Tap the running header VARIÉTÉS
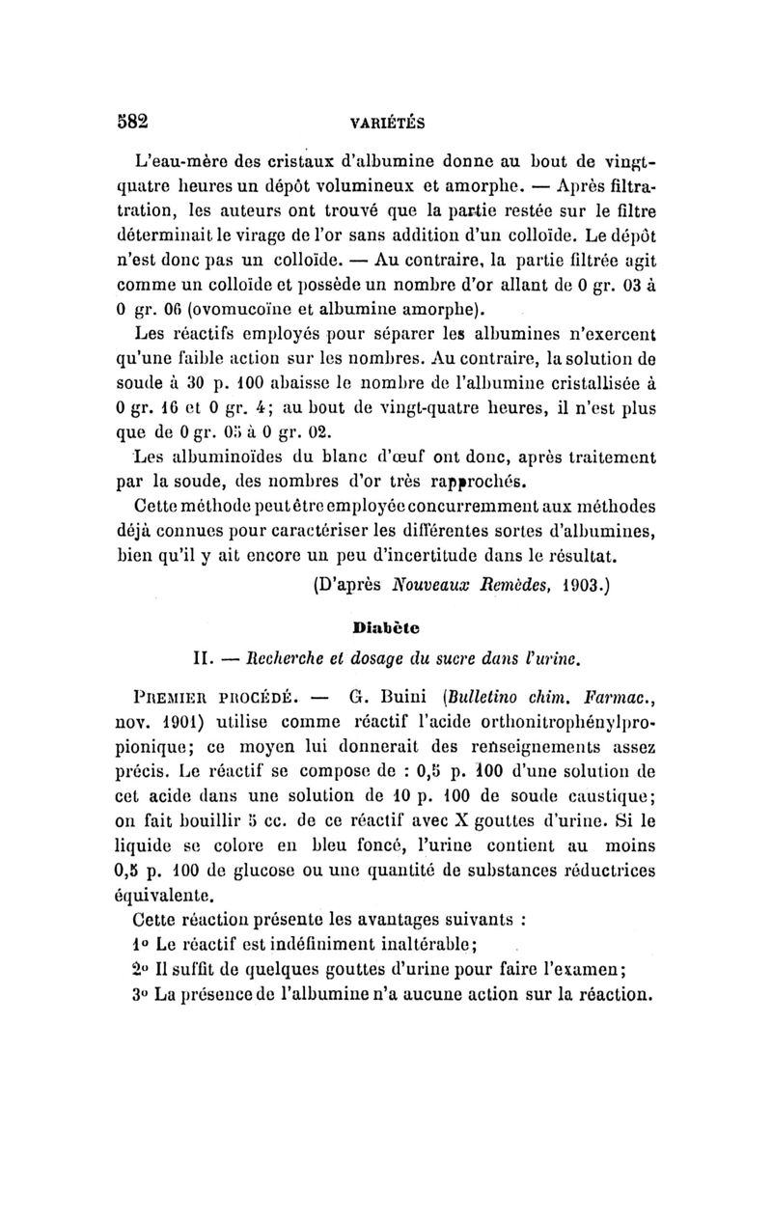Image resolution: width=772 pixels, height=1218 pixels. pyautogui.click(x=387, y=123)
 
